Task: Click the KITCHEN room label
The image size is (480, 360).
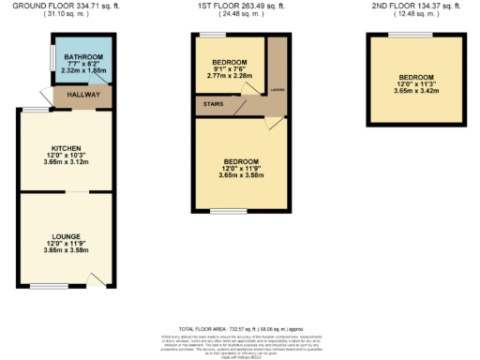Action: [x=67, y=147]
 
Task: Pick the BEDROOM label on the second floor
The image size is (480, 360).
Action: [x=416, y=77]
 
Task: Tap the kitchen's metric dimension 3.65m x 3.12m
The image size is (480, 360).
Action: [x=67, y=163]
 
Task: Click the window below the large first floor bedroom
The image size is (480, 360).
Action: [x=227, y=209]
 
